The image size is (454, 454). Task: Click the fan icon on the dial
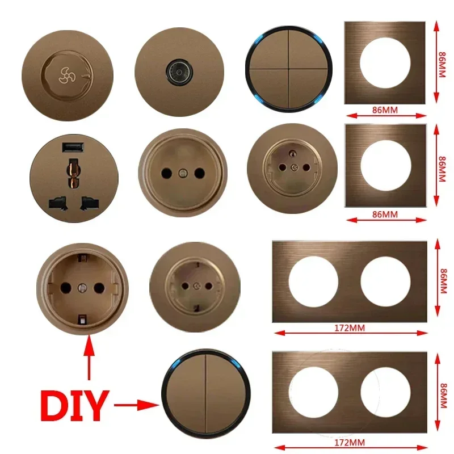coord(66,75)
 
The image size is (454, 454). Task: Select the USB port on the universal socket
coord(73,147)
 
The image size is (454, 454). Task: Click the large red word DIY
coord(74,405)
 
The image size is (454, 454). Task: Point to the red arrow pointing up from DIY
coord(89,358)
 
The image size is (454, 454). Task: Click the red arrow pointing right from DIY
coord(136,405)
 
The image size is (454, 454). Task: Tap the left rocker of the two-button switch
coord(186,393)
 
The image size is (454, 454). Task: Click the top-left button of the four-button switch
coord(269,50)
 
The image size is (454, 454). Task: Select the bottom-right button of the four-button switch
coord(308,88)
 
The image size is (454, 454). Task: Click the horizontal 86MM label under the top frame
coord(385,110)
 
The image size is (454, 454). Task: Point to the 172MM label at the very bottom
coord(350,443)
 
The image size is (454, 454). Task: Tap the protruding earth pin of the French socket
coord(292,153)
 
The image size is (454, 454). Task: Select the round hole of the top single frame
coord(385,62)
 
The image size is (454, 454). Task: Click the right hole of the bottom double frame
coord(386,392)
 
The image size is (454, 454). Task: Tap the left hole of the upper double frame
coord(313,281)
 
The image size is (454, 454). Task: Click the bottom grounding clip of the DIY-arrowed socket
coord(82,320)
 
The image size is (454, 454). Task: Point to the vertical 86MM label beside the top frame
coord(442,65)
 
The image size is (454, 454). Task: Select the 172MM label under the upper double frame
coord(350,328)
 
